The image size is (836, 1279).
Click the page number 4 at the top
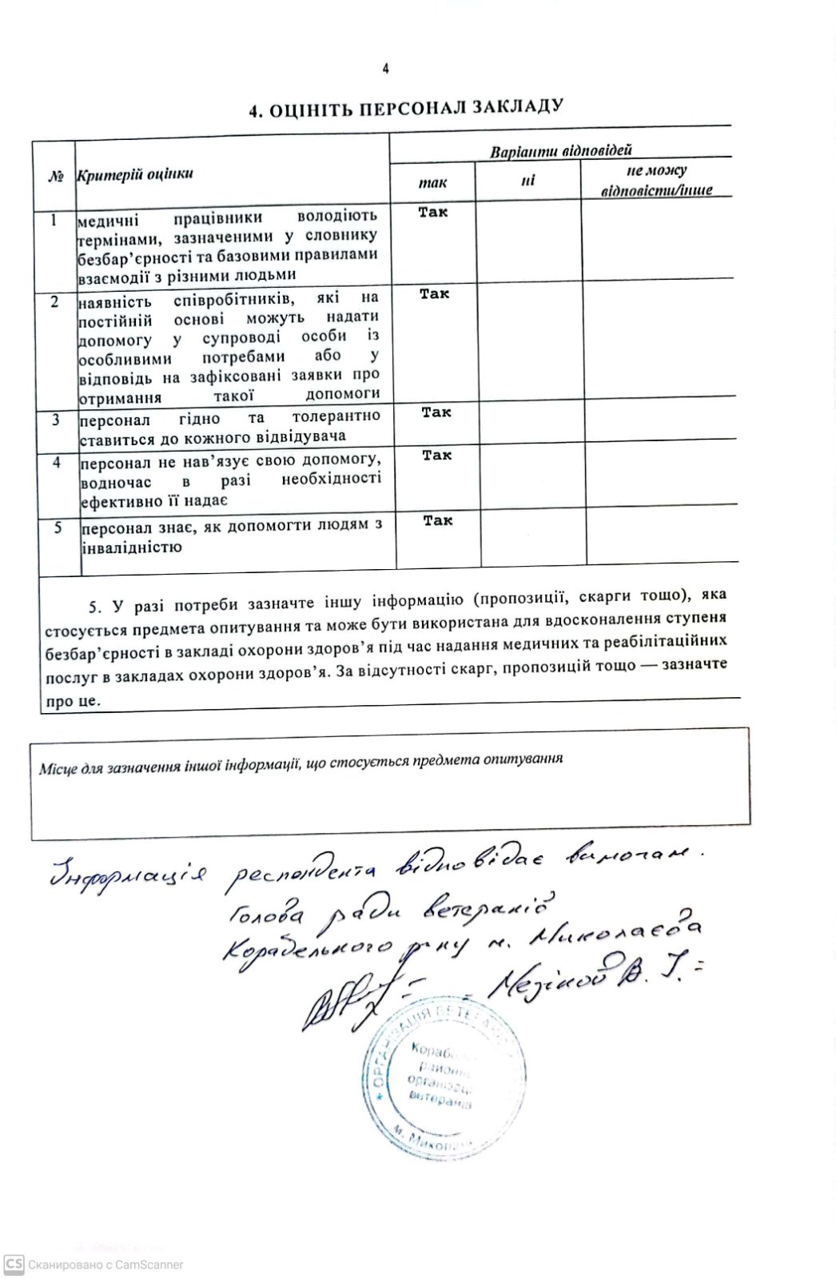click(385, 69)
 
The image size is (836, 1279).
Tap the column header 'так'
click(432, 183)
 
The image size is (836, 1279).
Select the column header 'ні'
click(527, 181)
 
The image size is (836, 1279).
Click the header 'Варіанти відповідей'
click(560, 150)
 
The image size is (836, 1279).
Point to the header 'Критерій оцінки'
click(134, 174)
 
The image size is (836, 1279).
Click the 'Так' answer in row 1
click(433, 212)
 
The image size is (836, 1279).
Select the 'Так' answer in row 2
click(435, 294)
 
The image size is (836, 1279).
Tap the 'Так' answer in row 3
click(436, 412)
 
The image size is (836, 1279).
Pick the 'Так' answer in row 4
click(437, 455)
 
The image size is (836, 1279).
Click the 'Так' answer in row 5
click(438, 520)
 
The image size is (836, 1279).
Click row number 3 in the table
click(55, 420)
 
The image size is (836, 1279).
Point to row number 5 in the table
click(58, 528)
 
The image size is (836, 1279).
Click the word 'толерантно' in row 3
click(336, 416)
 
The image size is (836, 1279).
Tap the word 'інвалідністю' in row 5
click(131, 548)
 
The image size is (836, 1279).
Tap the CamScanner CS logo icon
click(14, 1265)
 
